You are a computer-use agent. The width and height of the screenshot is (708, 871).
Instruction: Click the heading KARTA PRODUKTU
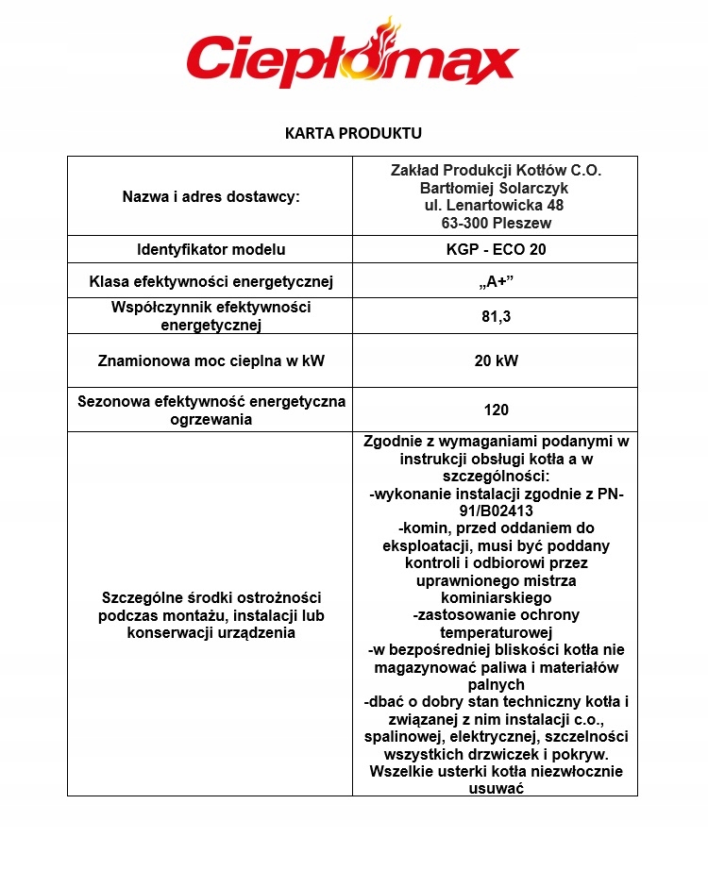pyautogui.click(x=353, y=132)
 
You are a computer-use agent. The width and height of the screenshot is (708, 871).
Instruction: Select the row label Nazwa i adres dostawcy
pyautogui.click(x=211, y=196)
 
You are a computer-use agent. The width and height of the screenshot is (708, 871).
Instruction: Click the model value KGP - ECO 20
pyautogui.click(x=496, y=250)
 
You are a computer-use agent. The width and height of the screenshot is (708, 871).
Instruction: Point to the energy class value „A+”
pyautogui.click(x=496, y=282)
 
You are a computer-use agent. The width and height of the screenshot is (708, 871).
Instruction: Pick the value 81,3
pyautogui.click(x=496, y=317)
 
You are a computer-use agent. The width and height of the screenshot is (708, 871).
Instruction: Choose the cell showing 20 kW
pyautogui.click(x=496, y=360)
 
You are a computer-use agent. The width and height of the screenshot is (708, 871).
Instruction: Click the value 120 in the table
pyautogui.click(x=496, y=410)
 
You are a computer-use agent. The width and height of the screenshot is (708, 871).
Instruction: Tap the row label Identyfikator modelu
pyautogui.click(x=211, y=250)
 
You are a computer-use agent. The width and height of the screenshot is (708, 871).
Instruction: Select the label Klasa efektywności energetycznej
pyautogui.click(x=211, y=282)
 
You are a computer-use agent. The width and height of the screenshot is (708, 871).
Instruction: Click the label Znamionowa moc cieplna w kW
pyautogui.click(x=211, y=360)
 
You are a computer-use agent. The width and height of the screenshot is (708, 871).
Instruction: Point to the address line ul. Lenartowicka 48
pyautogui.click(x=496, y=205)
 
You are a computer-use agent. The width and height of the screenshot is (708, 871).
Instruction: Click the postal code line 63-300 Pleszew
pyautogui.click(x=496, y=223)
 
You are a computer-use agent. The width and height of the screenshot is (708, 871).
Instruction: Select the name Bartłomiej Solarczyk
pyautogui.click(x=496, y=188)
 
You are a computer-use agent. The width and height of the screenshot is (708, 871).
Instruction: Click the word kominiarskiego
pyautogui.click(x=496, y=597)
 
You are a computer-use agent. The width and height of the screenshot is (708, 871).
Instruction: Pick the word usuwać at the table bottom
pyautogui.click(x=496, y=788)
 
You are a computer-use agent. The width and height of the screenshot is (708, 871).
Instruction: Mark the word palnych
pyautogui.click(x=496, y=684)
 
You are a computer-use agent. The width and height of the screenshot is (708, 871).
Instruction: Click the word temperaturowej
pyautogui.click(x=496, y=632)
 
